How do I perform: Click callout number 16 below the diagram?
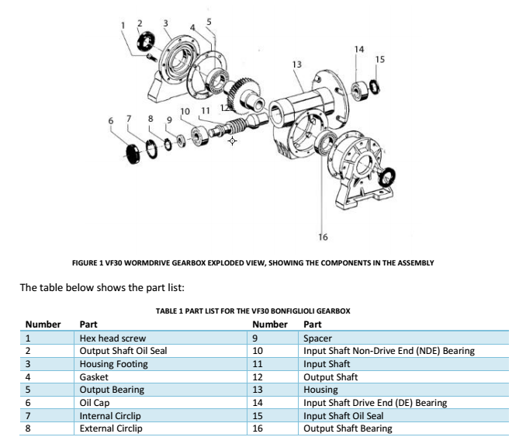323,236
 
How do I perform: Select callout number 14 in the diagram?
358,50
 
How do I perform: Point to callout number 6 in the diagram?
110,121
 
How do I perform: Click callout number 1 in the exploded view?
123,25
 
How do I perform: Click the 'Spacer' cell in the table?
317,339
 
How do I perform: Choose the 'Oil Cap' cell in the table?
95,403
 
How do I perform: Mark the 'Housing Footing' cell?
113,363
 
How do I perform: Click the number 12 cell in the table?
258,376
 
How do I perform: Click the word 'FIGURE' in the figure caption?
85,263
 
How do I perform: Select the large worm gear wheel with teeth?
247,92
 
